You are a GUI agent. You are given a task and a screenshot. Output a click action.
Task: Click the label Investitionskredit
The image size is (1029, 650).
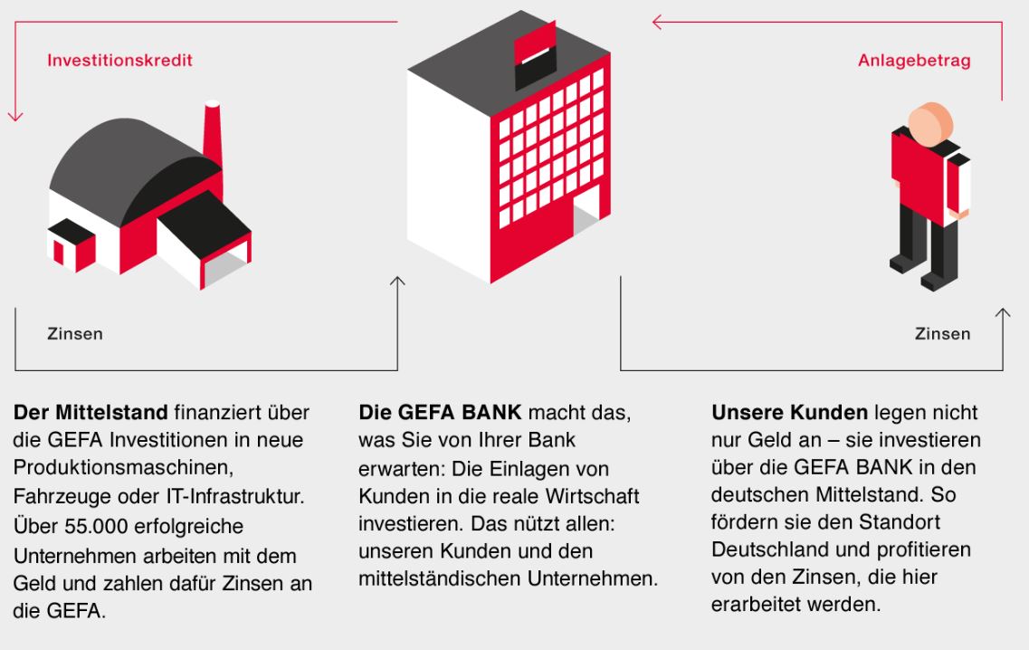(120, 61)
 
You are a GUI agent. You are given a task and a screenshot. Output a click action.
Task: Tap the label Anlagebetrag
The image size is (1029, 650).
(914, 61)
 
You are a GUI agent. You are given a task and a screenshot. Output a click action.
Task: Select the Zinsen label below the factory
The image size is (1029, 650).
(75, 333)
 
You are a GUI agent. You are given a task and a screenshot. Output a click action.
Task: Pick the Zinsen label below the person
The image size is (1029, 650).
(942, 333)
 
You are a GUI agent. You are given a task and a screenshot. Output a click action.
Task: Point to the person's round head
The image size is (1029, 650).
(930, 123)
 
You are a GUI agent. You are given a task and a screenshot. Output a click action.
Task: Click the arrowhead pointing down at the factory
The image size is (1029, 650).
(15, 116)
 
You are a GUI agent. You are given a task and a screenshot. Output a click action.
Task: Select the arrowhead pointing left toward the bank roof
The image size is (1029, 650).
(657, 23)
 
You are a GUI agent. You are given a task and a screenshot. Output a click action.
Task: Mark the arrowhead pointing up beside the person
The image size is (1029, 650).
(1003, 313)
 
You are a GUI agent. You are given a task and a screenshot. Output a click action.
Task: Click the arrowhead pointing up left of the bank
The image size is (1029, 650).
(397, 282)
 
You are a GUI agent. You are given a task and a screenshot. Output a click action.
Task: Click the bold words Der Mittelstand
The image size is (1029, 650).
(91, 412)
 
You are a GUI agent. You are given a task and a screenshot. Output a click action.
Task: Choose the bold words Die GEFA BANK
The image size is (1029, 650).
(440, 412)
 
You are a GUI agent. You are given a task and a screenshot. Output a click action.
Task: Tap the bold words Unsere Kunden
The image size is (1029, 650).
(789, 412)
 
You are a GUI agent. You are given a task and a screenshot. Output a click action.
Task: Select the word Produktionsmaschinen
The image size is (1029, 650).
(123, 467)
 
